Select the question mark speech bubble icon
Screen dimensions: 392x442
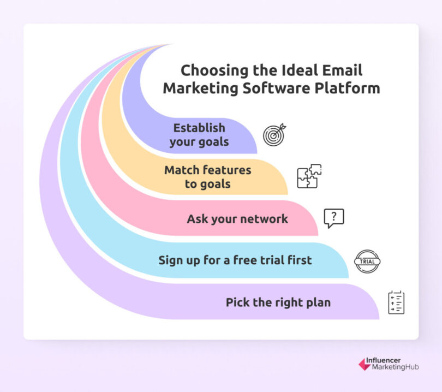coord(334,218)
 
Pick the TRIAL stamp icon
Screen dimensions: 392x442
coord(367,261)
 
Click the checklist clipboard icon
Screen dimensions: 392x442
coord(396,302)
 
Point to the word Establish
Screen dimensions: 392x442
coord(199,128)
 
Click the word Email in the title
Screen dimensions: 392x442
coord(343,70)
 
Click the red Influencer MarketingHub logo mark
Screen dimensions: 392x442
coord(364,364)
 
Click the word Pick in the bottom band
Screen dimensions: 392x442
coord(238,302)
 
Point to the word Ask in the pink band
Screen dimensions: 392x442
coord(197,219)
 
